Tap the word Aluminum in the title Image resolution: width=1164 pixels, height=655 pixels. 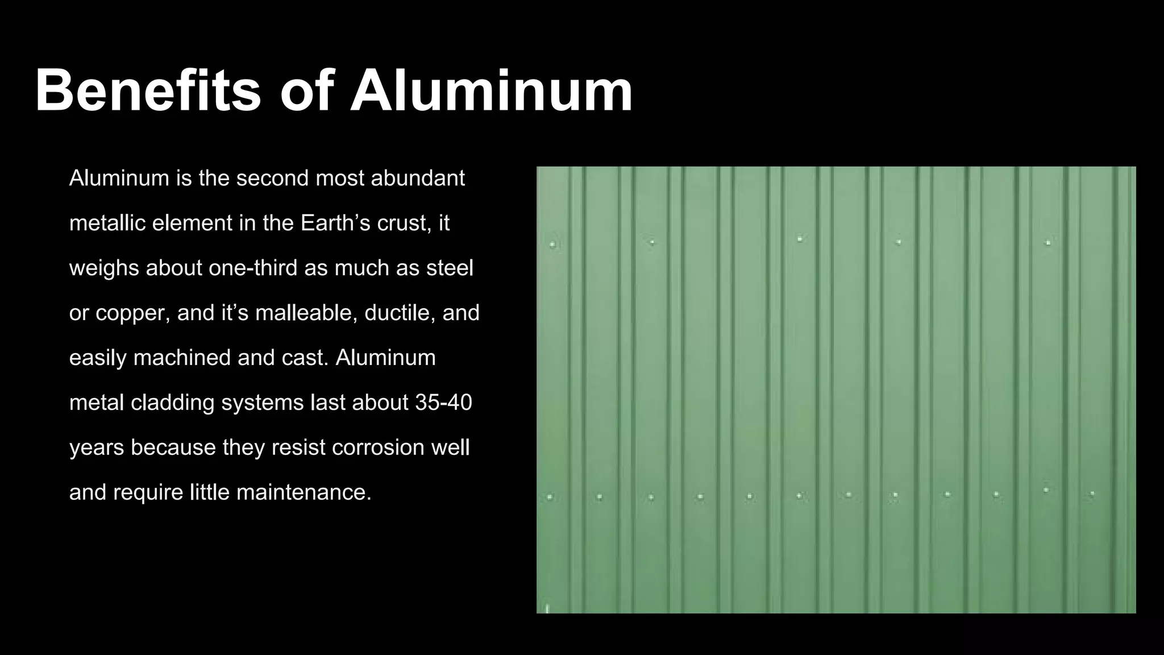(x=492, y=91)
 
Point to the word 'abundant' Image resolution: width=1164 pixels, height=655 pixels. (x=418, y=179)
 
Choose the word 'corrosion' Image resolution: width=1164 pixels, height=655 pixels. (x=378, y=447)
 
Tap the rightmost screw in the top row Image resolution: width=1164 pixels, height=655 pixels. (x=1047, y=243)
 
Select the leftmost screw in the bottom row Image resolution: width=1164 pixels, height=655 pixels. (x=550, y=497)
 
